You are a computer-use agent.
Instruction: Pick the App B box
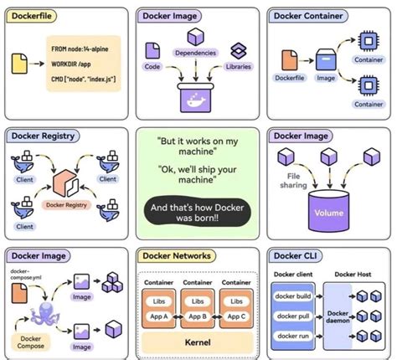(x=198, y=316)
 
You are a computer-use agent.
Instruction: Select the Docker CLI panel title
(x=295, y=255)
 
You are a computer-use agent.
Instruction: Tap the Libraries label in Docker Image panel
(x=239, y=66)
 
